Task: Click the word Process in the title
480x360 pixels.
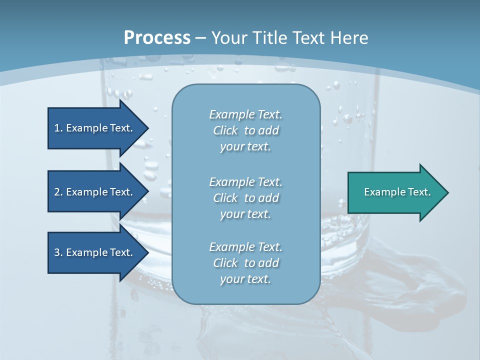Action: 157,38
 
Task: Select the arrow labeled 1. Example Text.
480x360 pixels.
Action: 93,128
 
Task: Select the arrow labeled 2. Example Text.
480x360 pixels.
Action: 93,192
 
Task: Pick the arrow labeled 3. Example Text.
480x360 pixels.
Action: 93,252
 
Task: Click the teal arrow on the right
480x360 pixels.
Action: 397,192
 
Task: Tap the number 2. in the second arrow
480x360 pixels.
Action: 58,192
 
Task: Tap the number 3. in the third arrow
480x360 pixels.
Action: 58,252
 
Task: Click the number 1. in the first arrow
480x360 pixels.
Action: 58,128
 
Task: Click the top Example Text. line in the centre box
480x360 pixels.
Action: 245,114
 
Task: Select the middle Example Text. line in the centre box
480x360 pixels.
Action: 245,181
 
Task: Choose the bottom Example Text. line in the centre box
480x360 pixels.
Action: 245,247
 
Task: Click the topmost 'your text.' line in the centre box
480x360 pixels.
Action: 245,147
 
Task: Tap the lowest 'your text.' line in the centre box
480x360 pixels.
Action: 245,279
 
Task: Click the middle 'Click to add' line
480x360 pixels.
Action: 245,198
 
